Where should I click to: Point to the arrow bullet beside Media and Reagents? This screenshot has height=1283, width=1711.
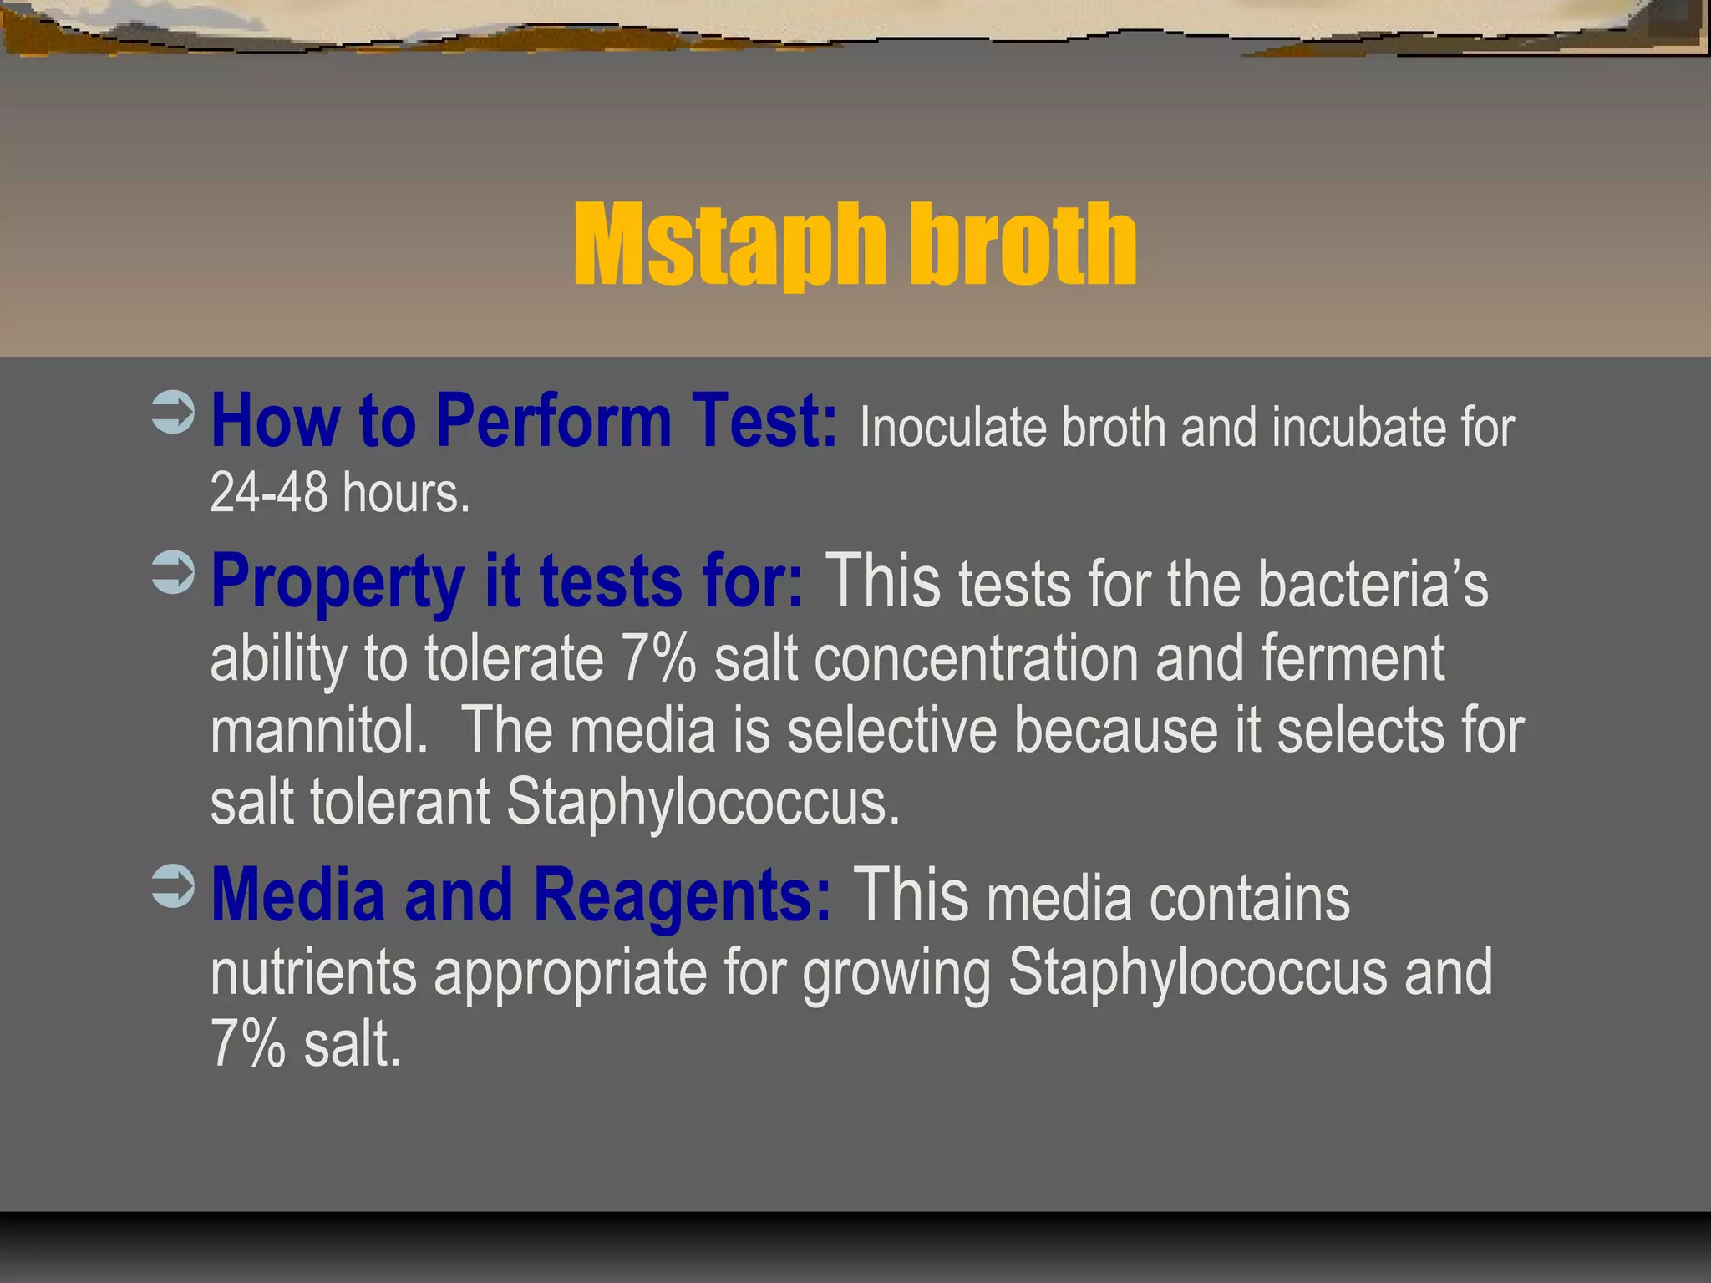tap(174, 886)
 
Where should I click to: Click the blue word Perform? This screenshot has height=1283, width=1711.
tap(553, 422)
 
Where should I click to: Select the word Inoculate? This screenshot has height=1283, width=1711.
tap(952, 428)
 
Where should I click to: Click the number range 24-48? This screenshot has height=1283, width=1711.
tap(268, 493)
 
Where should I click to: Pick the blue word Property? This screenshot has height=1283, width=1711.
tap(338, 582)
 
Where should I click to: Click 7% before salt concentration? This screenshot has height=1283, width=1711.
tap(657, 658)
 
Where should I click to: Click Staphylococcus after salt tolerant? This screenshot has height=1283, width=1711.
tap(703, 802)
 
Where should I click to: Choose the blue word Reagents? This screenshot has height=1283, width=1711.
tap(683, 895)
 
